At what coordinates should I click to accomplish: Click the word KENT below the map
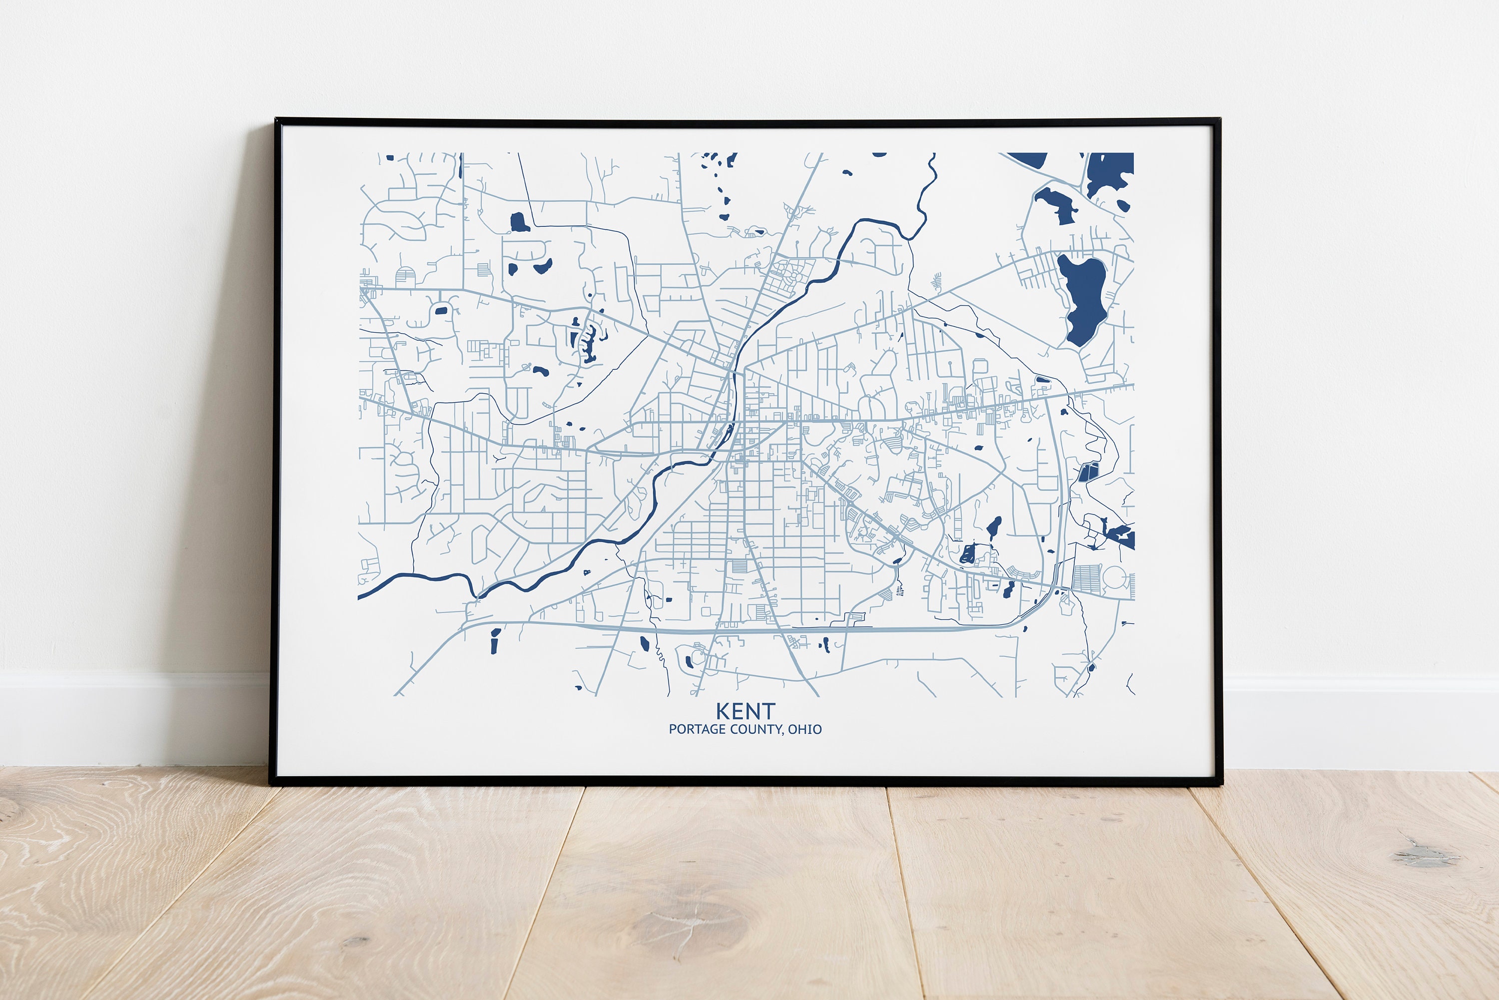pos(745,711)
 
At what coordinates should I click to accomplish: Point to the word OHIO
pos(804,729)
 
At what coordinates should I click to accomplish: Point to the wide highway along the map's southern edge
pos(734,630)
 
